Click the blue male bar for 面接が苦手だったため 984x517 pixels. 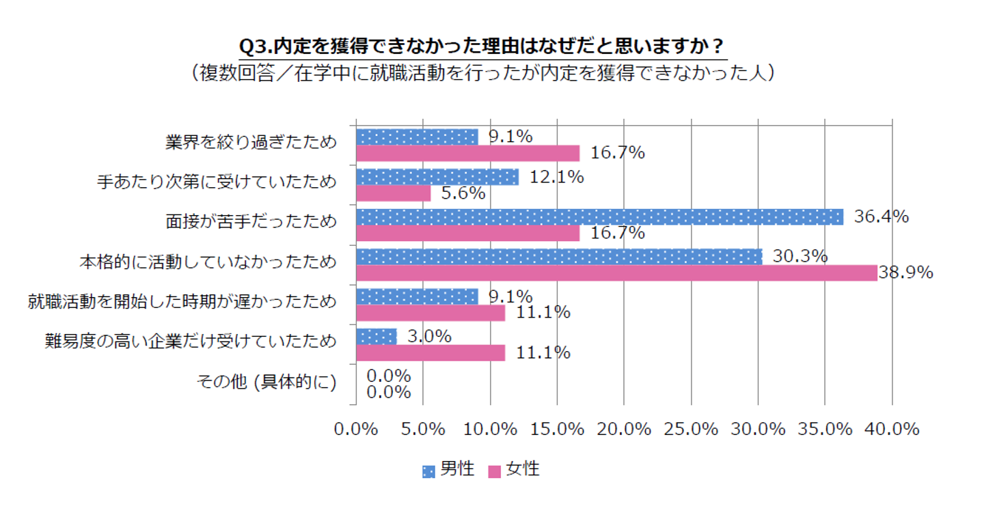[599, 216]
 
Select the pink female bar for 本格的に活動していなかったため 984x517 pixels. [616, 273]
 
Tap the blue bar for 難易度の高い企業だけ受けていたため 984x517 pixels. [377, 336]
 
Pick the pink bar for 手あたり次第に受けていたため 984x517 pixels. [394, 193]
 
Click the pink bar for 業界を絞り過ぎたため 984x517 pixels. [467, 153]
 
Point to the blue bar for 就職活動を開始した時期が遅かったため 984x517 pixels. [417, 296]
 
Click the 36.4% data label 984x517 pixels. [881, 216]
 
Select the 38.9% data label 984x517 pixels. [905, 273]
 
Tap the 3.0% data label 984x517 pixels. [429, 336]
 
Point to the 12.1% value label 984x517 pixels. [556, 177]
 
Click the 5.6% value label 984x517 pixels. [463, 193]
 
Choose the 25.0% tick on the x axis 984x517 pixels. [691, 429]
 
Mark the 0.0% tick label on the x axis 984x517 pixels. [356, 429]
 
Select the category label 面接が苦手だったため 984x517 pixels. [251, 223]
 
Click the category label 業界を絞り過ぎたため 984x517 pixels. [251, 143]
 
